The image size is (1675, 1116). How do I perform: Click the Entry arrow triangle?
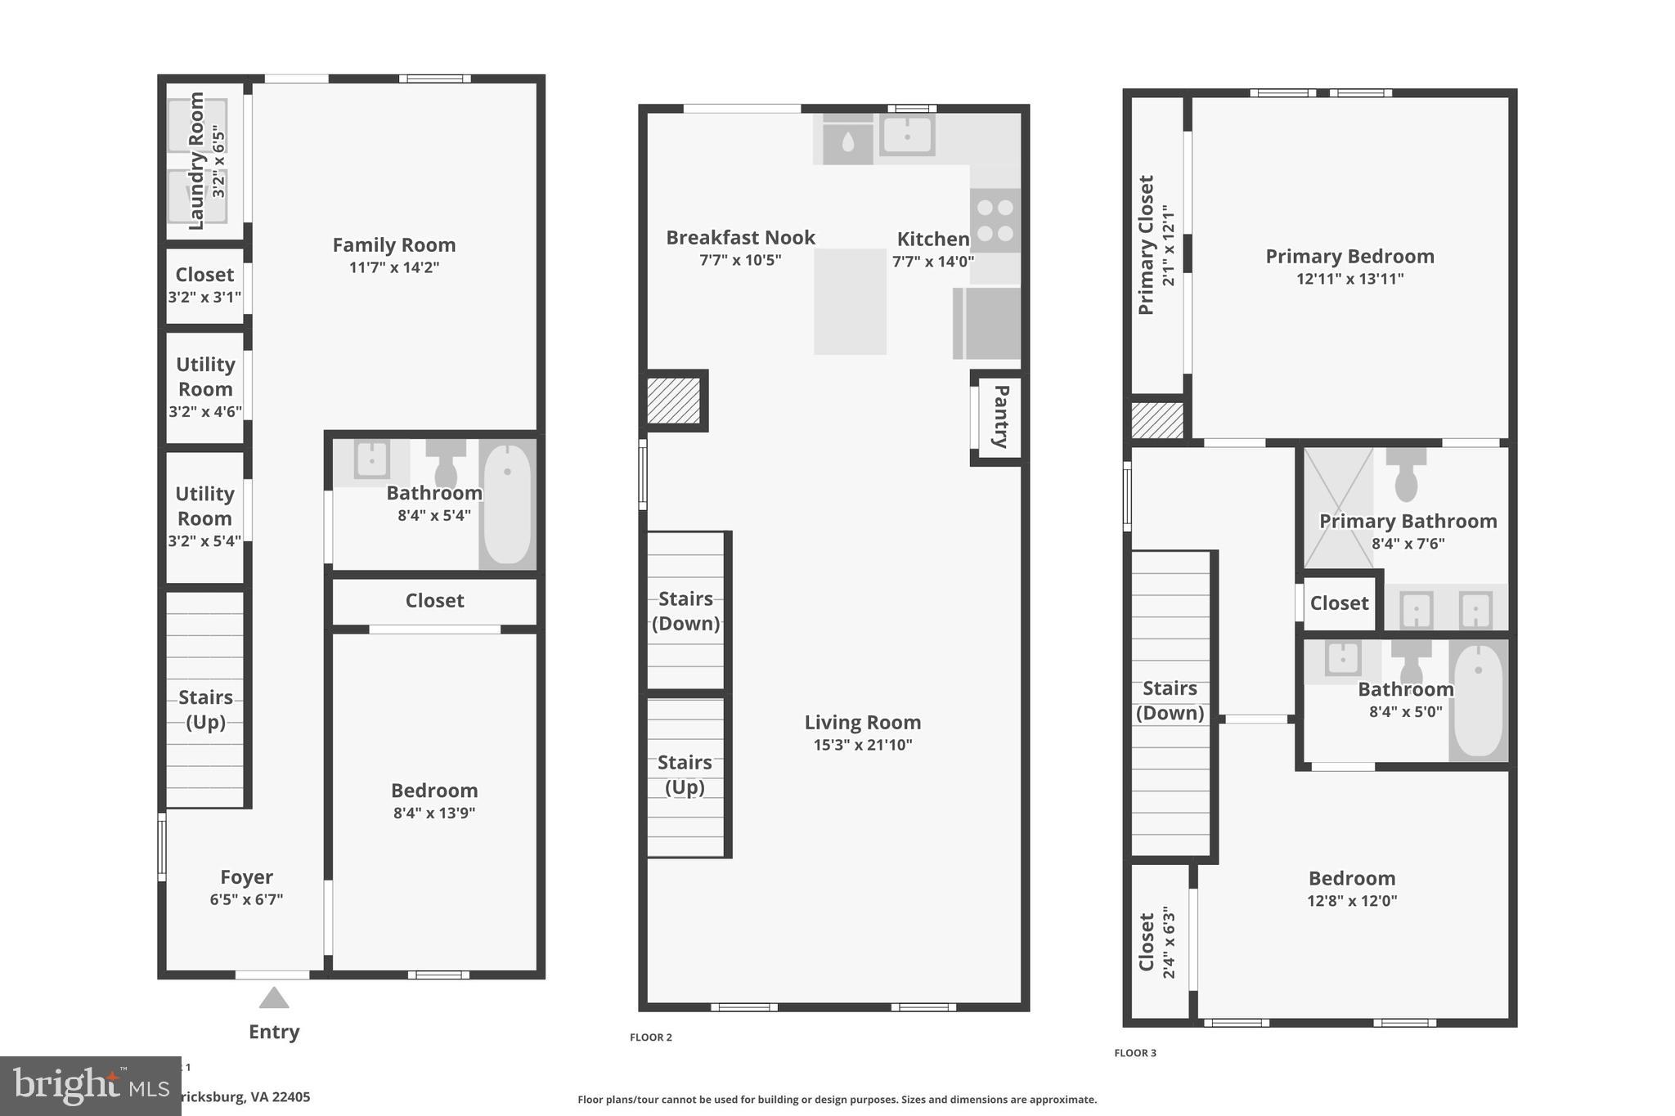click(274, 998)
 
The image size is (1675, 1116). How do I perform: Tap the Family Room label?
click(394, 244)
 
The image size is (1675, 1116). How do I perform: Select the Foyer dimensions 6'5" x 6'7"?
click(246, 899)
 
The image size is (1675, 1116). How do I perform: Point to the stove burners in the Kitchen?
click(995, 221)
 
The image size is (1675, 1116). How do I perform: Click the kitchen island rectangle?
click(850, 302)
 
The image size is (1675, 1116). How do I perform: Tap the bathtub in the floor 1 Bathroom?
click(507, 504)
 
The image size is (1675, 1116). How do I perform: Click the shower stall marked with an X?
click(1338, 507)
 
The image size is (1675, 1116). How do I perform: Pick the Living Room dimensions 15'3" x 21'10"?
click(862, 745)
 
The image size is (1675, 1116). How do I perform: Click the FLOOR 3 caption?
click(1135, 1053)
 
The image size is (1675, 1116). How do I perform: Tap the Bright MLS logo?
click(90, 1086)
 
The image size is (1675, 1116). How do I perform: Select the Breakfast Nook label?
click(740, 237)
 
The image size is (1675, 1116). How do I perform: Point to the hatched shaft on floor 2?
click(674, 401)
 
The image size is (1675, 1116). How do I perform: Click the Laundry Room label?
click(196, 160)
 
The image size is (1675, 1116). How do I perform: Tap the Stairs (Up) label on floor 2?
click(685, 774)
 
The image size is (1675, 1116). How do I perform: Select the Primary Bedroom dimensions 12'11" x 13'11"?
click(1349, 279)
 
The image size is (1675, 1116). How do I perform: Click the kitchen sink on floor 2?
click(907, 135)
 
